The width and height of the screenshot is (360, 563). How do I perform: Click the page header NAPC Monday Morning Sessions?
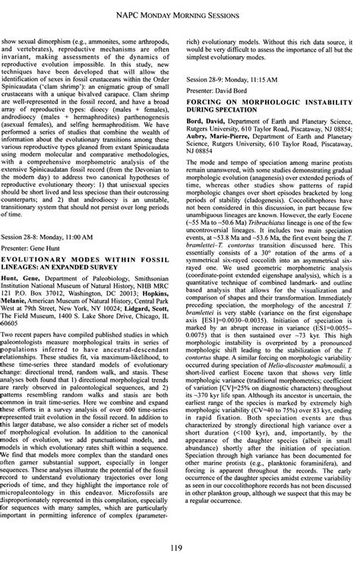click(180, 13)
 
